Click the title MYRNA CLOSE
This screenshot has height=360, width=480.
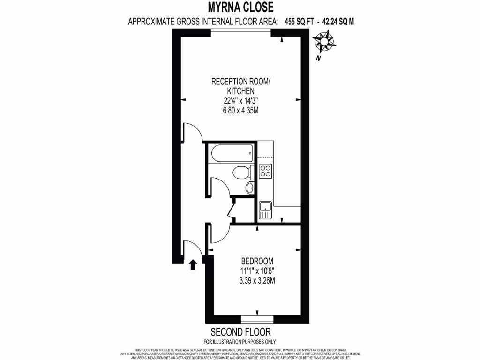tap(240, 7)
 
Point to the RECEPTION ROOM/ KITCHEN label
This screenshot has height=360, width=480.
tap(240, 86)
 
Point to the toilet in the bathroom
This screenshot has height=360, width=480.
tap(243, 172)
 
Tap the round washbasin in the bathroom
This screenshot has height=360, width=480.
tap(250, 188)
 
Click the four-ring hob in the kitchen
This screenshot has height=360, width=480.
tap(266, 171)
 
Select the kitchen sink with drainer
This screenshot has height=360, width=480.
tap(265, 210)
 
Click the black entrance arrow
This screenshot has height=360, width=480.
tap(192, 265)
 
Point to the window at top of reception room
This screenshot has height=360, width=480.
tap(240, 32)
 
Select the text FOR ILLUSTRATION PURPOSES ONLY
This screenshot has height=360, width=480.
tap(240, 342)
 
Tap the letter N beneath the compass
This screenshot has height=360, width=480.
tap(318, 59)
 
